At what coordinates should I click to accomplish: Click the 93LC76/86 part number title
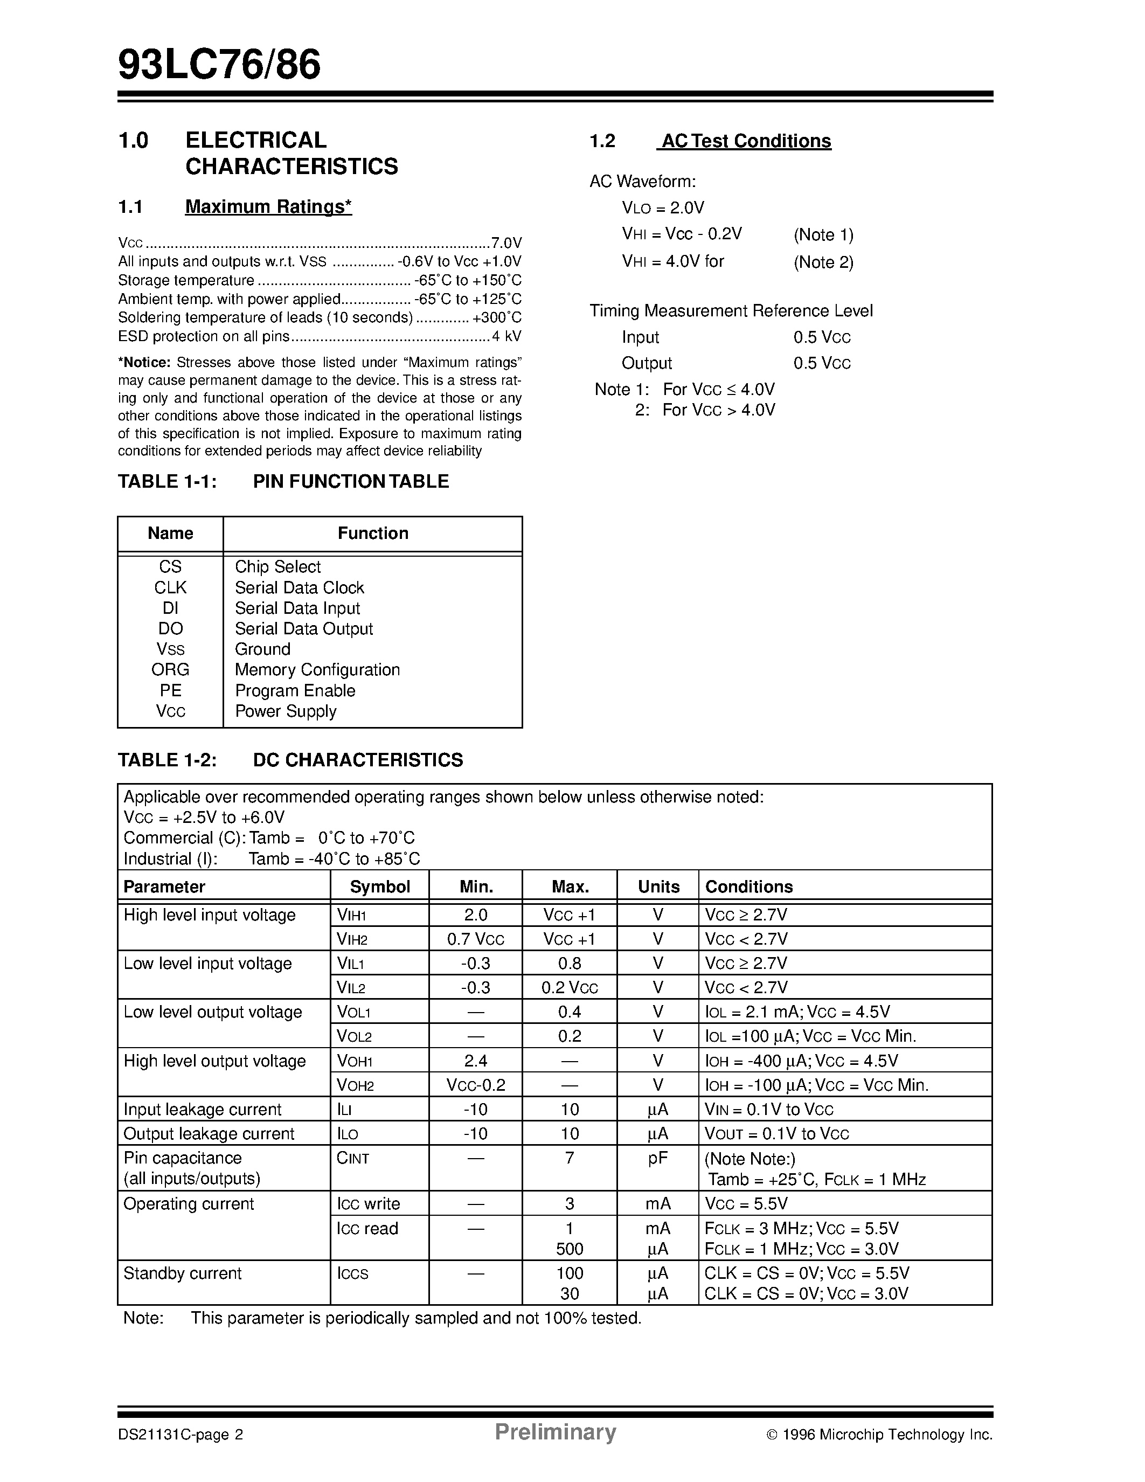click(x=219, y=66)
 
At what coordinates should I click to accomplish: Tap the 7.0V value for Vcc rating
click(x=506, y=243)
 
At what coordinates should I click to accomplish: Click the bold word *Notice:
click(x=144, y=362)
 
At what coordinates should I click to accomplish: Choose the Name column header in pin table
click(x=170, y=534)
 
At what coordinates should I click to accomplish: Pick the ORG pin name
click(x=170, y=670)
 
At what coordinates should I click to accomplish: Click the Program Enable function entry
click(x=295, y=691)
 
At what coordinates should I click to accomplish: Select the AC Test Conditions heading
click(x=746, y=141)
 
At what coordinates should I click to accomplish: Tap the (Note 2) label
click(x=823, y=262)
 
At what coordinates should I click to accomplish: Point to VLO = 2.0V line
click(x=663, y=207)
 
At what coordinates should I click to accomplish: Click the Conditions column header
click(x=749, y=887)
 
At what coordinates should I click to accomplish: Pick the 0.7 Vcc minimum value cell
click(x=475, y=939)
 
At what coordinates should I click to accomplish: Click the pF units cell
click(x=657, y=1158)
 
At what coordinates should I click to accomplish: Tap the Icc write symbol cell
click(x=369, y=1204)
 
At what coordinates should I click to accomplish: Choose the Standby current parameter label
click(x=183, y=1273)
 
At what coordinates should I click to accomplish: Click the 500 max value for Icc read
click(x=570, y=1249)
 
